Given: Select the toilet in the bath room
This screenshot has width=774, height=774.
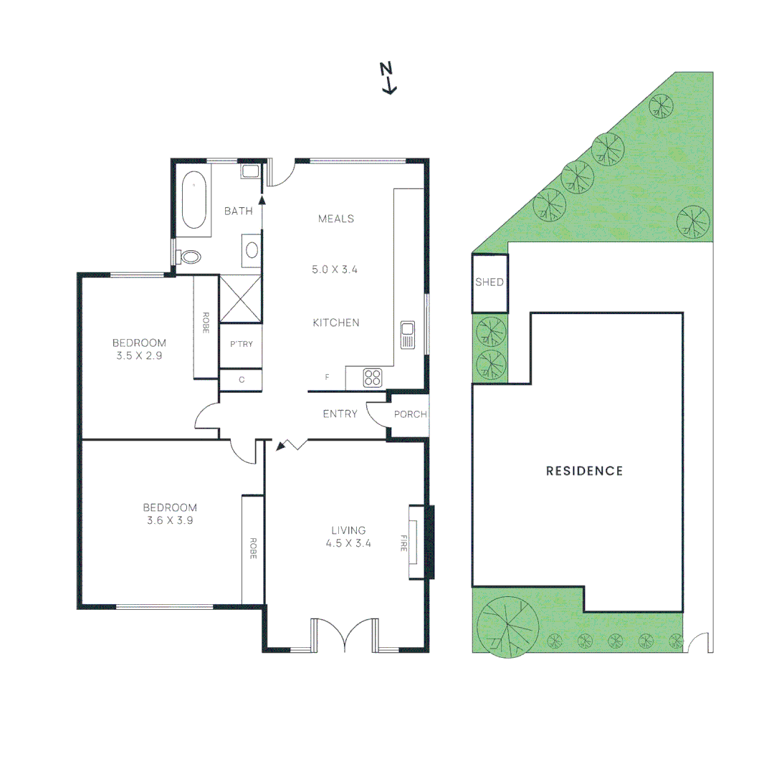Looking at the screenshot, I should click(190, 257).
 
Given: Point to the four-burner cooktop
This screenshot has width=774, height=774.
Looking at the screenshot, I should click(373, 378).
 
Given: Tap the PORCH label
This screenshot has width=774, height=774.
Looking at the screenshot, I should click(411, 414).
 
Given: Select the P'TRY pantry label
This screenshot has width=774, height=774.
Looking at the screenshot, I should click(241, 344).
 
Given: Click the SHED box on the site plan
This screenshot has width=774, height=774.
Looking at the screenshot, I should click(489, 283).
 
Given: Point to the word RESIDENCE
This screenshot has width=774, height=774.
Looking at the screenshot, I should click(584, 471).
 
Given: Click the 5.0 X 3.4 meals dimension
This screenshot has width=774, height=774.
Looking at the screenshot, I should click(335, 270).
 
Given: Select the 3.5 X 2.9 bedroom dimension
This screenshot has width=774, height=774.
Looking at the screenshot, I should click(138, 355).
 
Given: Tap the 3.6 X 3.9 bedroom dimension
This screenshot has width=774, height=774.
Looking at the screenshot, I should click(169, 520).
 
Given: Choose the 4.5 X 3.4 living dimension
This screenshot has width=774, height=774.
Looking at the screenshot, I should click(351, 543).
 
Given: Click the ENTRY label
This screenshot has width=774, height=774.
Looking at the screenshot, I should click(340, 414).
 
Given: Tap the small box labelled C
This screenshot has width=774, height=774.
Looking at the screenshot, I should click(242, 380).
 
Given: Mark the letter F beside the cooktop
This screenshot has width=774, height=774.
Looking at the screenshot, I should click(328, 377).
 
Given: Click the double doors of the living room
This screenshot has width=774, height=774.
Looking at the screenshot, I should click(345, 635).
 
